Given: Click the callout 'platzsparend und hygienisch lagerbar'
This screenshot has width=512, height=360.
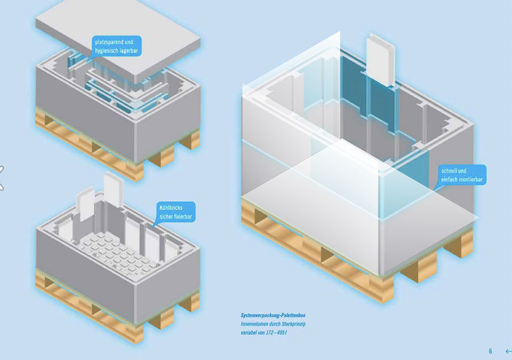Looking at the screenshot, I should (x=116, y=45).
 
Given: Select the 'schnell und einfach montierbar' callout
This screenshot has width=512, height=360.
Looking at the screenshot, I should (x=461, y=175).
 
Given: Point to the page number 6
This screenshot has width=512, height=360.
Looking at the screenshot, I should (x=490, y=351).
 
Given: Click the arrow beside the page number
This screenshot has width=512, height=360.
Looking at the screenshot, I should (x=507, y=351).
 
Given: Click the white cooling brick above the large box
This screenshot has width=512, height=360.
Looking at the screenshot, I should (x=381, y=59).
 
